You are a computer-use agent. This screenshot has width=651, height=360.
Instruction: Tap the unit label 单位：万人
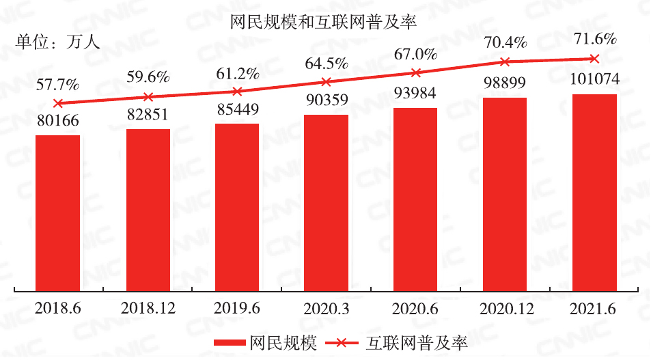(x=58, y=42)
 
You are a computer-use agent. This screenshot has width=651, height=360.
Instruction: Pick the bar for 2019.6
(x=237, y=207)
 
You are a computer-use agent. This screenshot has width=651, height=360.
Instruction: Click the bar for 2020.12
(x=505, y=194)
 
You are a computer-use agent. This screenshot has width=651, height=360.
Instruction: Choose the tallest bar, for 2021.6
(x=594, y=192)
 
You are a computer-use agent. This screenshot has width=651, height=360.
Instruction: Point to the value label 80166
(x=58, y=121)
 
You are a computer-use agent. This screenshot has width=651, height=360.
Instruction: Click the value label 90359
(x=326, y=100)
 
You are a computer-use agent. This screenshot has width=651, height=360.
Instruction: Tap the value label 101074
(x=594, y=79)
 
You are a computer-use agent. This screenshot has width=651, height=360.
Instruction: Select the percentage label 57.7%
(x=58, y=85)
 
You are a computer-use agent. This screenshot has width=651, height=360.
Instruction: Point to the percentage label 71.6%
(x=594, y=38)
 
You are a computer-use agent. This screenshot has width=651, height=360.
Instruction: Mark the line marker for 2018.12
(x=148, y=97)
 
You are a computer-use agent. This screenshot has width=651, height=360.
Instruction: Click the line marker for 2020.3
(x=327, y=81)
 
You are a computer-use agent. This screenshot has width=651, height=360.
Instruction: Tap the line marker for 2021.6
(x=594, y=59)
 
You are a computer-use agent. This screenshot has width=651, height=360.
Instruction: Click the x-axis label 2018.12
(x=148, y=309)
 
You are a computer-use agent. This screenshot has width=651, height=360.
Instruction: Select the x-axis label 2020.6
(x=415, y=309)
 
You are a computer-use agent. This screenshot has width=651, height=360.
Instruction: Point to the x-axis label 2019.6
(x=237, y=309)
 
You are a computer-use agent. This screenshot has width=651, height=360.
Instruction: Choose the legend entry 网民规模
(x=260, y=342)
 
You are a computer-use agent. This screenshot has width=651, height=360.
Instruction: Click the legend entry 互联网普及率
(x=398, y=342)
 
